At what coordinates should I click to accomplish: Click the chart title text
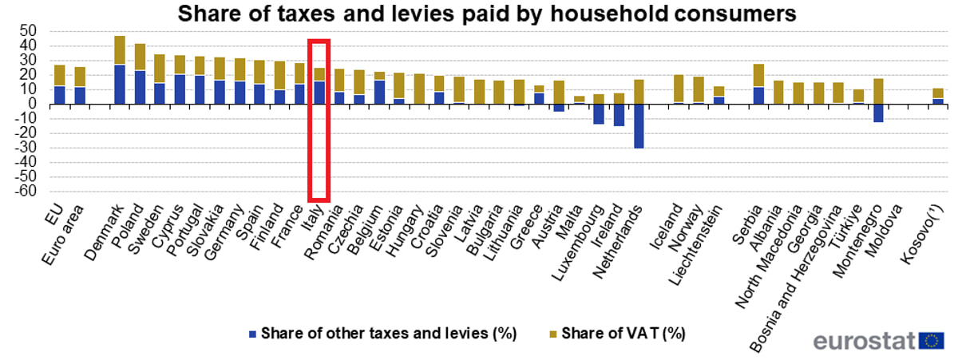486,14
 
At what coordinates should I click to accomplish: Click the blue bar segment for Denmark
120,84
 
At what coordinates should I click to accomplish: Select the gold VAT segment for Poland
140,57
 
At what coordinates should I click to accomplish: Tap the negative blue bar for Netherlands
639,125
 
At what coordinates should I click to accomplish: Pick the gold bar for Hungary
419,89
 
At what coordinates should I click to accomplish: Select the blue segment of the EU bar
59,94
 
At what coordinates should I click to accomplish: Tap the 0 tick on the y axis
33,104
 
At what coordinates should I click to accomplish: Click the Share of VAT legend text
623,333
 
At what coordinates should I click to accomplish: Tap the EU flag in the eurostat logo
932,341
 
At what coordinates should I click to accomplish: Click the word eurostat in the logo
865,341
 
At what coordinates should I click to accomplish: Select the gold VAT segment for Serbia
758,75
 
